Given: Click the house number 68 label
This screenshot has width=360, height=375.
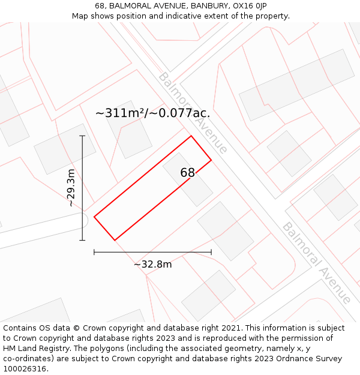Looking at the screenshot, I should click(188, 173).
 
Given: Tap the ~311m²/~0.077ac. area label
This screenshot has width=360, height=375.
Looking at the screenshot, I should click(153, 113).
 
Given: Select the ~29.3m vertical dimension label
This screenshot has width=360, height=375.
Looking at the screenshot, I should click(71, 188).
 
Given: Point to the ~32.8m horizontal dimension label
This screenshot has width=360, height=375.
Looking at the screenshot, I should click(152, 265).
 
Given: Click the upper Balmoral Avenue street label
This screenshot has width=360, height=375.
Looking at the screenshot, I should click(193, 113).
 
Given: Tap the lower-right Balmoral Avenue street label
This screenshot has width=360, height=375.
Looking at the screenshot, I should click(316, 263).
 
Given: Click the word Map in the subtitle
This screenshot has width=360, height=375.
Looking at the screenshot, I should click(80, 16).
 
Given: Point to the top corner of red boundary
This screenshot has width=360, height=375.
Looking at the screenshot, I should click(191, 136).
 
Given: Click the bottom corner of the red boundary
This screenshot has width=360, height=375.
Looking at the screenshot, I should click(115, 240).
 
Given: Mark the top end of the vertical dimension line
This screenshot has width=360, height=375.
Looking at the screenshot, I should click(82, 136).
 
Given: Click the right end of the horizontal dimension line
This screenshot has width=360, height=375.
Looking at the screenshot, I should click(211, 253).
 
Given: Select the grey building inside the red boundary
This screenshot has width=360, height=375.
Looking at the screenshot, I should click(187, 179).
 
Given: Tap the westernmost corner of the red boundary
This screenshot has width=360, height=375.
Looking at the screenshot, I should click(94, 217).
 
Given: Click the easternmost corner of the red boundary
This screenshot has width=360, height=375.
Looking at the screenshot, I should click(211, 160).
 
